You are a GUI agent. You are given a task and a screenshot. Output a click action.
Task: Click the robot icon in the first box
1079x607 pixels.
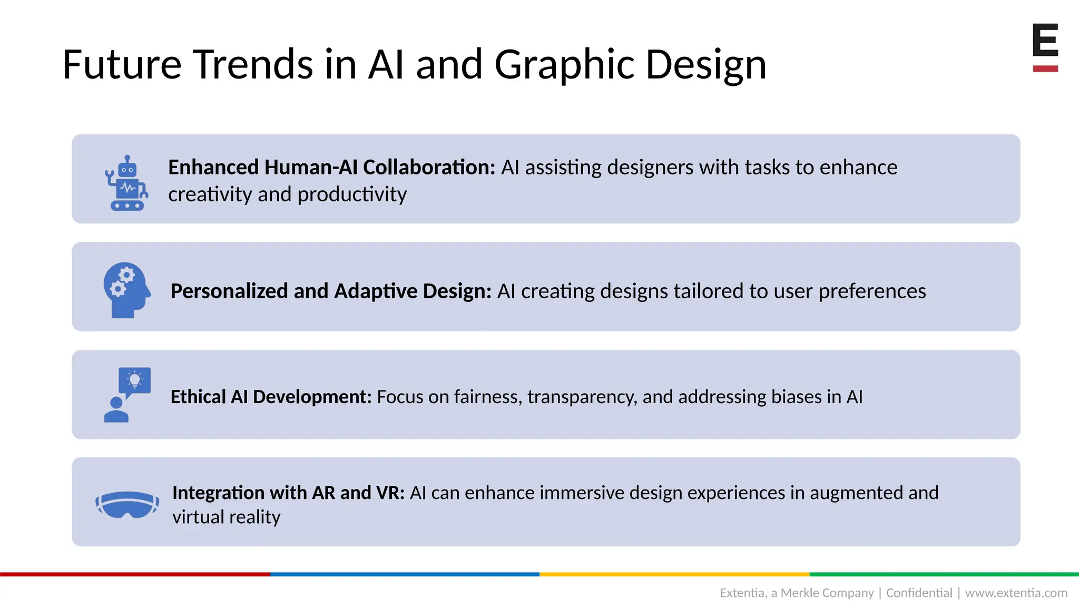click(x=126, y=183)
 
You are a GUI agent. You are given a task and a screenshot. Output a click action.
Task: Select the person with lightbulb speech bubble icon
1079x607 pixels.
click(x=127, y=395)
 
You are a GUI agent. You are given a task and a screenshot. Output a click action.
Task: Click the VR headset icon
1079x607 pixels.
click(x=127, y=504)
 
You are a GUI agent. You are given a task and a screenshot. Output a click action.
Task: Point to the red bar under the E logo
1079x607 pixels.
click(x=1045, y=68)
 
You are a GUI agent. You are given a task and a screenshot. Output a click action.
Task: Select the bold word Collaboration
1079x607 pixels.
click(x=429, y=167)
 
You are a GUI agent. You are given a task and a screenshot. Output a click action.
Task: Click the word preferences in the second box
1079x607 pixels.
click(x=872, y=291)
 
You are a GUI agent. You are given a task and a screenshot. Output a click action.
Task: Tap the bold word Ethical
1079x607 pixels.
click(x=198, y=397)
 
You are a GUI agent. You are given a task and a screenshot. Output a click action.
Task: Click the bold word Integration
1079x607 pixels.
click(x=218, y=493)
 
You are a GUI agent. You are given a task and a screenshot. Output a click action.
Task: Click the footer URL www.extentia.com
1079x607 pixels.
click(x=1016, y=593)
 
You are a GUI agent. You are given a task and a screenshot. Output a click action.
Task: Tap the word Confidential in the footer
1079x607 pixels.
click(x=919, y=593)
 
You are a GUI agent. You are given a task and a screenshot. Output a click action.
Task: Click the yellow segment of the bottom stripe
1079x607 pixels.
click(x=674, y=574)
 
